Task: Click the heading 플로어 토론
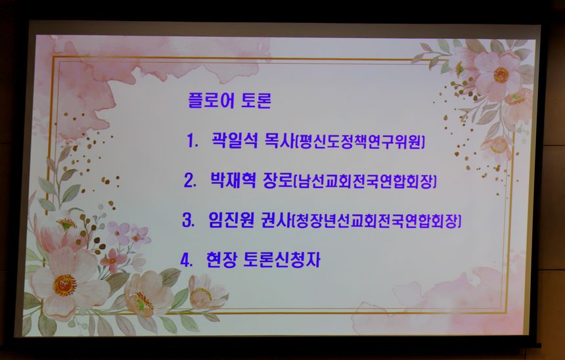(229, 101)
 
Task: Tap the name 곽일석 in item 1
(235, 140)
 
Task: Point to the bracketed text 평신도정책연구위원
(360, 141)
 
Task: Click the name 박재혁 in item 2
(233, 179)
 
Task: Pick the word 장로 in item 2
(278, 180)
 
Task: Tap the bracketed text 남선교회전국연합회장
(365, 181)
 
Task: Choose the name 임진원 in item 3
(231, 219)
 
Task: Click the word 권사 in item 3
(276, 220)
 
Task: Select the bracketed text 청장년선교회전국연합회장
(376, 221)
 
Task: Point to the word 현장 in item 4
(221, 259)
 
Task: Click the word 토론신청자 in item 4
(282, 260)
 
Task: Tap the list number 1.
(192, 141)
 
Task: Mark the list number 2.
(190, 180)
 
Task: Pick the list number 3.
(188, 220)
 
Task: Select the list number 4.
(187, 260)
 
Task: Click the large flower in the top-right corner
(498, 74)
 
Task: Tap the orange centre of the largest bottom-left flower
(65, 285)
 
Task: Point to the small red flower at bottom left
(113, 260)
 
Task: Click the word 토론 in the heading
(256, 101)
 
